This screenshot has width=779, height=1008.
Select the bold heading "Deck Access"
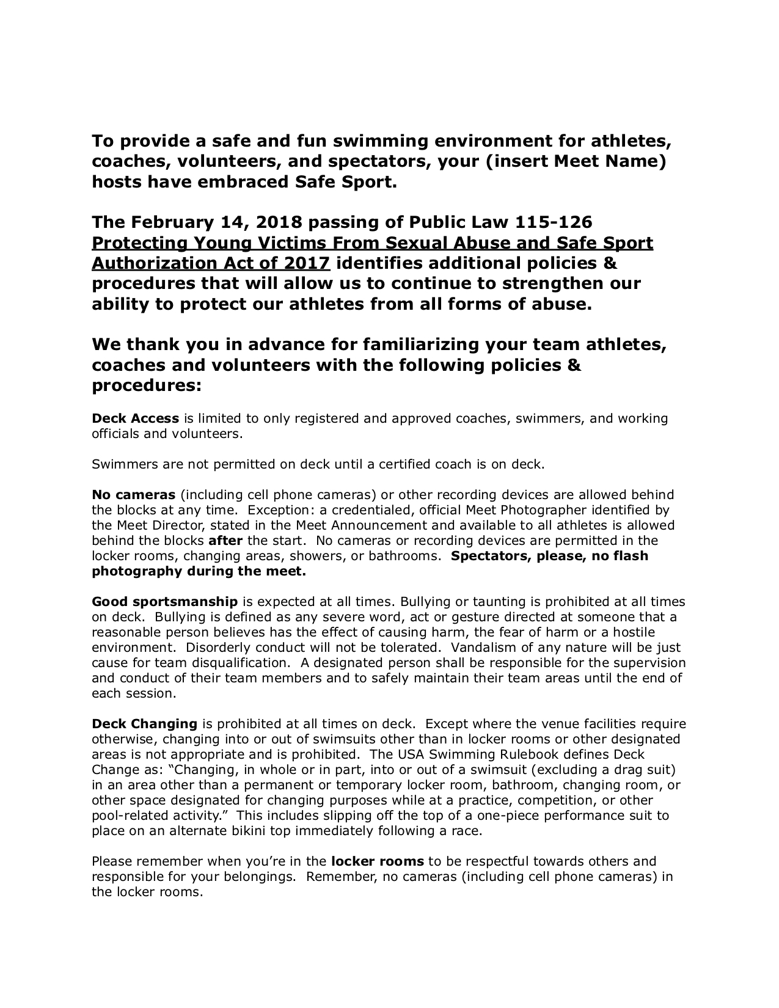[135, 418]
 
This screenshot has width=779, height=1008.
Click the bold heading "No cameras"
[133, 495]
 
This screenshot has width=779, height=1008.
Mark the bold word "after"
[225, 541]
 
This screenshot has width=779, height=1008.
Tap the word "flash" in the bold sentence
[630, 556]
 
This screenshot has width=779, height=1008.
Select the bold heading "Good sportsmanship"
[164, 602]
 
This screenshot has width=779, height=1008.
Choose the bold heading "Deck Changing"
[144, 724]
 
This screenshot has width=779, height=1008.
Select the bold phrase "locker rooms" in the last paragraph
[377, 861]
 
